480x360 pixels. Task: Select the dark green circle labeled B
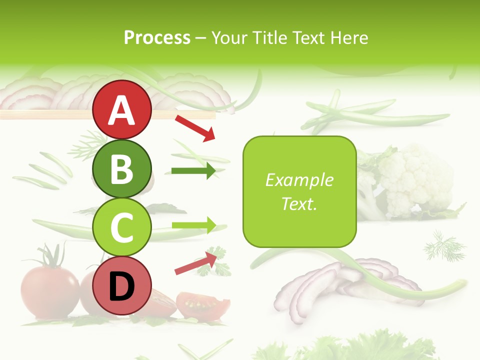(122, 168)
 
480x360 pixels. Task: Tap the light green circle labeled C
(122, 227)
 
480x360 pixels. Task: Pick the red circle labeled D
(122, 285)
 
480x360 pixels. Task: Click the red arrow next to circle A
(195, 127)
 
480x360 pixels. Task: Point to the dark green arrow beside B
(193, 171)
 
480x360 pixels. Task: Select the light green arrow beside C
(193, 225)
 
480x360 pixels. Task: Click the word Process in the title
(157, 38)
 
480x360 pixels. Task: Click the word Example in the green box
(299, 180)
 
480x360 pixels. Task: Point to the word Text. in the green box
(299, 204)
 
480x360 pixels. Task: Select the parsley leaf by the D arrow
(210, 265)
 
